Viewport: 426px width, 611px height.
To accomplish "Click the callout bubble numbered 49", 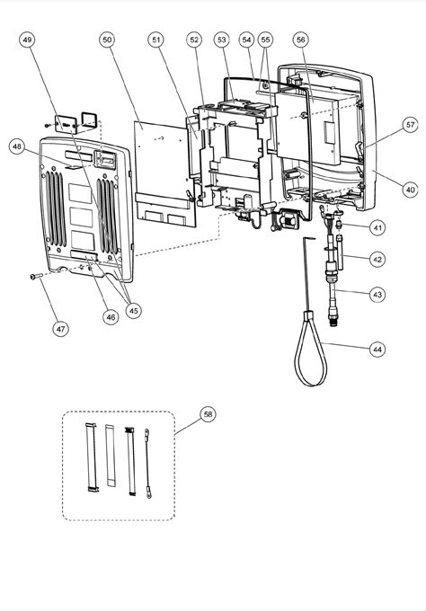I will pos(28,40).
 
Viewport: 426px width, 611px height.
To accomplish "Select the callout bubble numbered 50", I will pos(107,40).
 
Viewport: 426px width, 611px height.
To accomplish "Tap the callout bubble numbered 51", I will pos(157,40).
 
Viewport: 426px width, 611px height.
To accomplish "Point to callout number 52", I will pos(195,40).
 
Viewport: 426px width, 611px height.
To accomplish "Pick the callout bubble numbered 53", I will pos(221,40).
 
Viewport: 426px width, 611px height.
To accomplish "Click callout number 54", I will pos(246,40).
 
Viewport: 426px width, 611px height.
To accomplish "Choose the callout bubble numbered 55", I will pos(265,40).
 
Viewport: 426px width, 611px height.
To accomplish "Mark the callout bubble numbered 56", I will pos(301,40).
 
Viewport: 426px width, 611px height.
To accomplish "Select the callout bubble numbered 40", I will pos(410,190).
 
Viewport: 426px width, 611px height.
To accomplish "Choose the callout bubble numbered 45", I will pos(134,311).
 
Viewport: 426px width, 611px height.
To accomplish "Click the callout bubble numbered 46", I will pos(111,316).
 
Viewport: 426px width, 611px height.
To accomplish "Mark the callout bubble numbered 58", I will pos(209,414).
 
